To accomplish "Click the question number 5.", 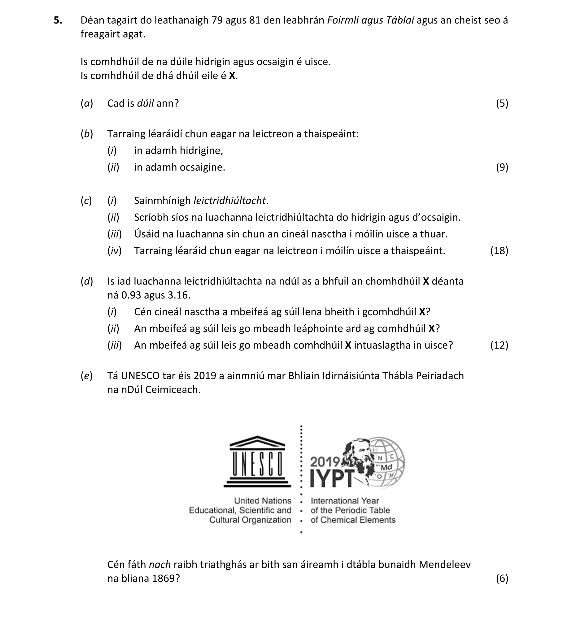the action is [x=58, y=20].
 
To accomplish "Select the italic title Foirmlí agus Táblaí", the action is [x=371, y=20].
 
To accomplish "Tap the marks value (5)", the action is [x=502, y=103].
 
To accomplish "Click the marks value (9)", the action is [x=502, y=167].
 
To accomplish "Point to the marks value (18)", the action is [x=499, y=250].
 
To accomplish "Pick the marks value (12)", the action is [x=499, y=345].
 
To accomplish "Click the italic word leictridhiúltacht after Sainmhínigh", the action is [x=229, y=201].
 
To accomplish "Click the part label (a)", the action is [x=87, y=103].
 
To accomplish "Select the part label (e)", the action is [x=87, y=376].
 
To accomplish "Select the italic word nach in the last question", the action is [x=160, y=564].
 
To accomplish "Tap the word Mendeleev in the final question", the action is [x=445, y=564].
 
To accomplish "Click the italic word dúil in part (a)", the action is [x=145, y=103].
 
